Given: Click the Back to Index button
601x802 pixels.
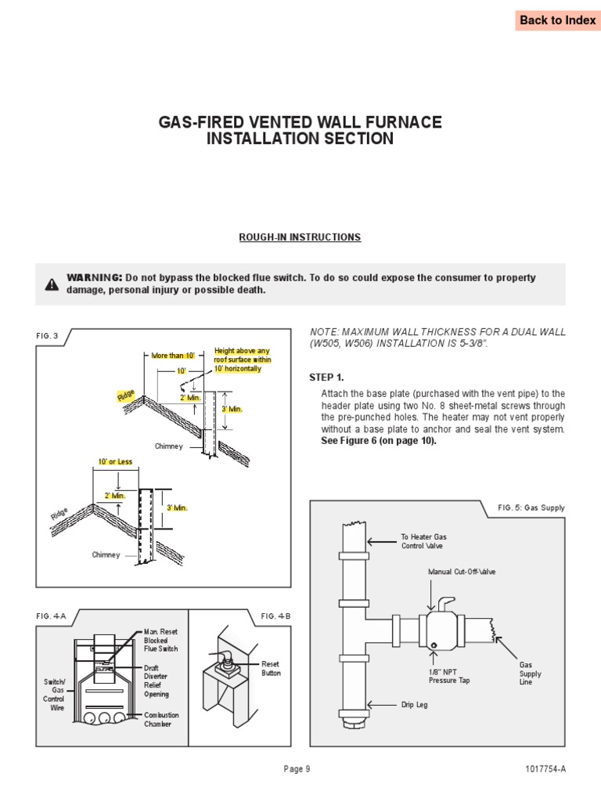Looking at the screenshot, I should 557,20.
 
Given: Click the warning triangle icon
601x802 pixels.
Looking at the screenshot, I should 52,284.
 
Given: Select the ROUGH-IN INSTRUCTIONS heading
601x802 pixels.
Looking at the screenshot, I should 300,237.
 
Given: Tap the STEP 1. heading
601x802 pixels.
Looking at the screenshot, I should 326,378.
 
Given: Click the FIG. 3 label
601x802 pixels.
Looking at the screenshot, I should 48,336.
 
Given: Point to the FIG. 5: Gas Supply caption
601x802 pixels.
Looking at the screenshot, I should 531,508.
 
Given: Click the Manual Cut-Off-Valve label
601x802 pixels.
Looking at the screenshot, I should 462,572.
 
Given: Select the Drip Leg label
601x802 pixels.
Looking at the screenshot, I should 414,705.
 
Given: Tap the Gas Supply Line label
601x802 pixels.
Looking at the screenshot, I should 531,674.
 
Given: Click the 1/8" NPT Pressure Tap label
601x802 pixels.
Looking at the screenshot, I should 449,675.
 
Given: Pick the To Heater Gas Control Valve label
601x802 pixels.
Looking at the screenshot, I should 423,541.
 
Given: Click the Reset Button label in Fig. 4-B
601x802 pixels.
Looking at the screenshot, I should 271,668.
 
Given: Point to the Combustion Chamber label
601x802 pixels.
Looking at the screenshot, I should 161,719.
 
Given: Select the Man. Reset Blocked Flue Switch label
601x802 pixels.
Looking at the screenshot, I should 160,640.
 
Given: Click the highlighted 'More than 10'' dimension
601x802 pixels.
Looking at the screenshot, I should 171,356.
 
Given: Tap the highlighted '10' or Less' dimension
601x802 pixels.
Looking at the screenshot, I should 112,463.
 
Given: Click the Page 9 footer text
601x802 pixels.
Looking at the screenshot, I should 297,769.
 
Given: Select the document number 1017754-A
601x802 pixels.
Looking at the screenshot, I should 545,769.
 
